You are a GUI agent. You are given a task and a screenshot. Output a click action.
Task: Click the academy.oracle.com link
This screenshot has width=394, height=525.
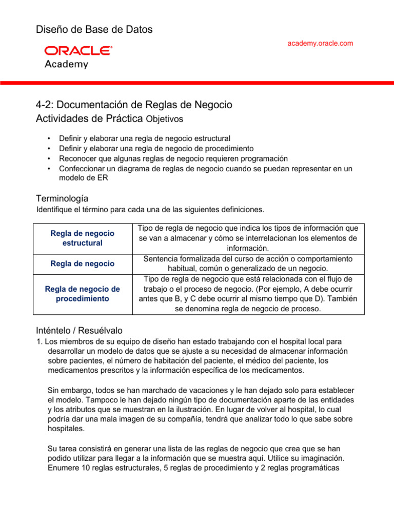tap(320, 44)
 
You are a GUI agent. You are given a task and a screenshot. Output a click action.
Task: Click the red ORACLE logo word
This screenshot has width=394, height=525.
tap(78, 51)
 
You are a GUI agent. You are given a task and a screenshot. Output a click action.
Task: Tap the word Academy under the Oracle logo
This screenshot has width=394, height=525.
tap(66, 65)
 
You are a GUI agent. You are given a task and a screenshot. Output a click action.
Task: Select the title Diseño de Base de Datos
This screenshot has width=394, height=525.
tap(94, 30)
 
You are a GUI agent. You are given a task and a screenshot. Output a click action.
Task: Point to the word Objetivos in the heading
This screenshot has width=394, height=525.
tap(164, 119)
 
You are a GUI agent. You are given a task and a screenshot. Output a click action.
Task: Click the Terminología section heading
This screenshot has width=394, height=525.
tap(62, 198)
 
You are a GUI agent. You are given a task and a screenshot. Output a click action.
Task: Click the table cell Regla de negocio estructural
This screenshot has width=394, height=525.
tap(83, 238)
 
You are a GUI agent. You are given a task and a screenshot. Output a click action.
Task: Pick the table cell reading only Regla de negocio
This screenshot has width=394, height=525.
tap(83, 264)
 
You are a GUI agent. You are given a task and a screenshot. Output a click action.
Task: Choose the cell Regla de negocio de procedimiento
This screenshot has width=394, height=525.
tap(83, 294)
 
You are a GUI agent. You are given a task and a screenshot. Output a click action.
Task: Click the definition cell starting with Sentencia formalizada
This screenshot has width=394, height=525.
tap(248, 264)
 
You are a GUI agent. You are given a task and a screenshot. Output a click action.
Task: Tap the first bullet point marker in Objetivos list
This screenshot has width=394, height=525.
tap(48, 138)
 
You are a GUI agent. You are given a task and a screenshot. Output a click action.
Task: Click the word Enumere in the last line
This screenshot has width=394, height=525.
tap(62, 468)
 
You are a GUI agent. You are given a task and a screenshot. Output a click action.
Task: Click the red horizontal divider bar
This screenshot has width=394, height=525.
tap(197, 82)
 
